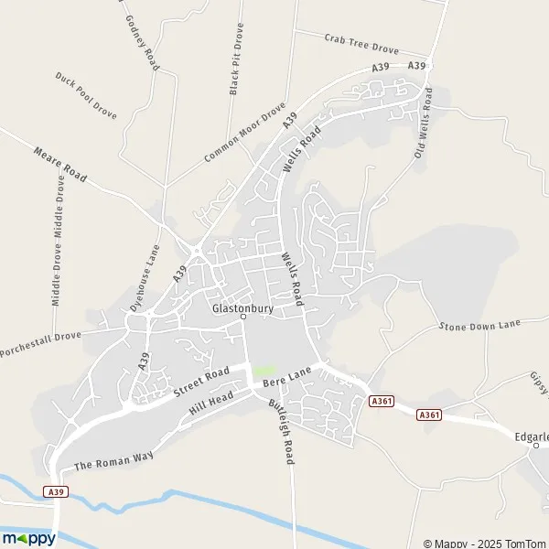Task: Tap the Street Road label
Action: coord(202,383)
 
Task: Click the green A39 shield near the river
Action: coord(55,492)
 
